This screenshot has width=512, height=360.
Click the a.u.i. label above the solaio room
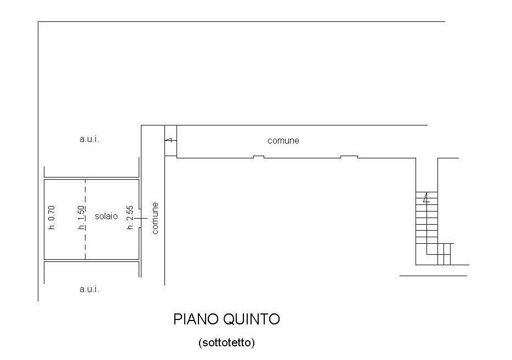coord(89,140)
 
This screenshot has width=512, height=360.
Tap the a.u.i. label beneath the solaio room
coord(89,289)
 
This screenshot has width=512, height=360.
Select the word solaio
coord(106,216)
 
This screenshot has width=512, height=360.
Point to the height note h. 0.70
coord(52,218)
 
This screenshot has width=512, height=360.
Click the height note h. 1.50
coord(82,218)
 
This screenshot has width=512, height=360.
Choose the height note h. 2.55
coord(130,218)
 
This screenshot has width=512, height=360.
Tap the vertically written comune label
coord(155,218)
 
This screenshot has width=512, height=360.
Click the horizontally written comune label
coord(283,141)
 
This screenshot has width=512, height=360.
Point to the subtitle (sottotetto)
coord(226,342)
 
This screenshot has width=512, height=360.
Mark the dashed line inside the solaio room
coord(86,219)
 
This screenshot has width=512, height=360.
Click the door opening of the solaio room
coord(140,218)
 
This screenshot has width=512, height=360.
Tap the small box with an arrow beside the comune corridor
coord(171,141)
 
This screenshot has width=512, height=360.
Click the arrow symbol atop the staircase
coord(426,198)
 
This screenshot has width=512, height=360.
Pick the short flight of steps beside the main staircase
coord(444,254)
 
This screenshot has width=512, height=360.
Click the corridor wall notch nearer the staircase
coord(349,157)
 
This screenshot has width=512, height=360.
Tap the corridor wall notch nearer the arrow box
coord(259,157)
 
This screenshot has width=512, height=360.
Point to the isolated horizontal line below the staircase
coord(433,276)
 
